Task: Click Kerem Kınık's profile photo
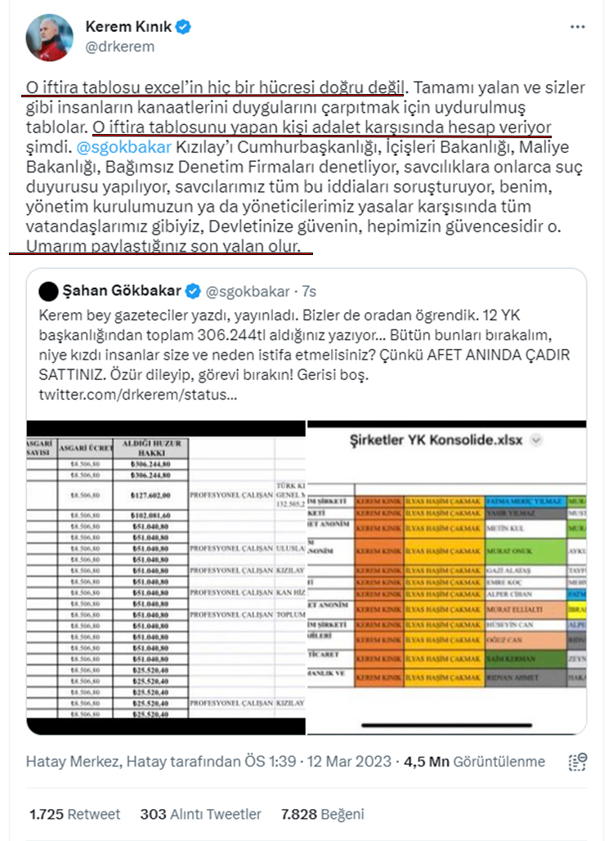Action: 49,36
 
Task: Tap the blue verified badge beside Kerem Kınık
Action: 185,27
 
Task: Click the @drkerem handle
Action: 119,47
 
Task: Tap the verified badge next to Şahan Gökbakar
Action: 193,290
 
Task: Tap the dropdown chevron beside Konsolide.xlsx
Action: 537,440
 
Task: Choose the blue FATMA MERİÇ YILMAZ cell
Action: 525,500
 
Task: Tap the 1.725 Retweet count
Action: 74,814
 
